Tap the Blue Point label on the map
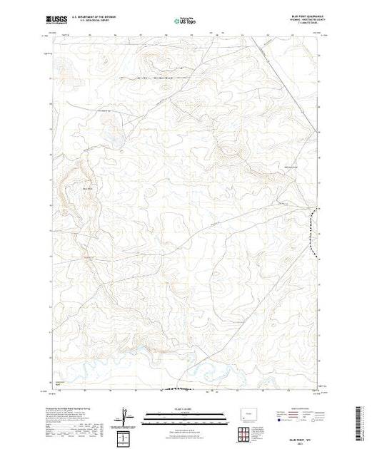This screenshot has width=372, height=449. pos(88,188)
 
